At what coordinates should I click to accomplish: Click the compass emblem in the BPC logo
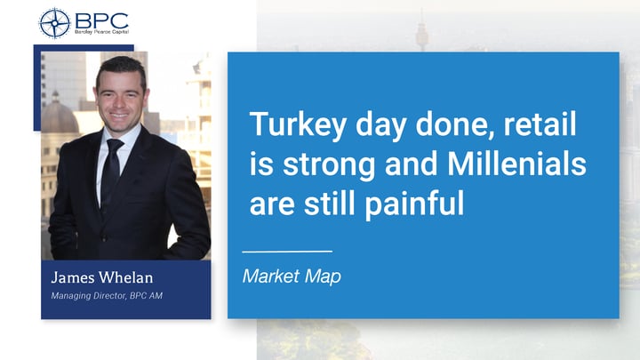tap(54, 21)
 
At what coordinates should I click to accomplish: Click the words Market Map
tap(292, 277)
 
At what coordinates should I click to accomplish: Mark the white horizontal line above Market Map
tap(286, 252)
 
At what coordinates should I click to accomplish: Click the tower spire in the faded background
tap(422, 27)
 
